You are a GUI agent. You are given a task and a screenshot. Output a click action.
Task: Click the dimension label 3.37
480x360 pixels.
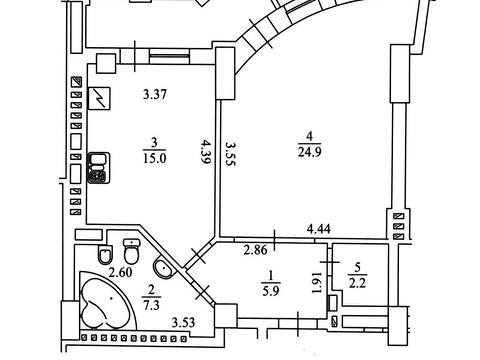[155, 95]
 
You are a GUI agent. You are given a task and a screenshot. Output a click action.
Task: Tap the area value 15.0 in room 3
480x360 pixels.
[154, 158]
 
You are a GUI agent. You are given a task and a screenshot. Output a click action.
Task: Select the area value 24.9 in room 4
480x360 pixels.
[310, 152]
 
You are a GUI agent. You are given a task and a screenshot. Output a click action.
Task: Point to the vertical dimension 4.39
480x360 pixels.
[207, 152]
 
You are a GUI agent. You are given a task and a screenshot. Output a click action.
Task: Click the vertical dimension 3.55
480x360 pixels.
[231, 154]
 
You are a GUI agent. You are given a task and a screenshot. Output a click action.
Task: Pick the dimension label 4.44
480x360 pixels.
[319, 229]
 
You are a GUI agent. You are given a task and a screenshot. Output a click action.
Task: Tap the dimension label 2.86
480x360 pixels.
[255, 250]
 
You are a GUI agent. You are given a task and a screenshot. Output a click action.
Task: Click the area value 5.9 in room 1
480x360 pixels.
[271, 292]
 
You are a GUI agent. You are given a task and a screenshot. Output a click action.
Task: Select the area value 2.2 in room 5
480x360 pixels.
[357, 283]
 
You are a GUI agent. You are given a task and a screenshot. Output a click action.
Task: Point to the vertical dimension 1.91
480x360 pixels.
[317, 283]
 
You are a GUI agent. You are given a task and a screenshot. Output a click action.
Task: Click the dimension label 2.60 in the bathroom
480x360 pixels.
[121, 272]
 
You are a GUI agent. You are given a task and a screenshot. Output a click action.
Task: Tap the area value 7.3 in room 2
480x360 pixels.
[151, 305]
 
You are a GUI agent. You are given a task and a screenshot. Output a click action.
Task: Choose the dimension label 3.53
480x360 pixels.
[183, 322]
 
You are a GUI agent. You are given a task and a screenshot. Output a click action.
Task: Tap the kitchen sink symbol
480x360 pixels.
[99, 168]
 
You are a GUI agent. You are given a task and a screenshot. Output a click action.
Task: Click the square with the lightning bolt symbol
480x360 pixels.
[99, 98]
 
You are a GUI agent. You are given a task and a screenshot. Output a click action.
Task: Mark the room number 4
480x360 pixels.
[310, 136]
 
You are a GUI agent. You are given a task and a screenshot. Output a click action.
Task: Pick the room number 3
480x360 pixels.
[154, 143]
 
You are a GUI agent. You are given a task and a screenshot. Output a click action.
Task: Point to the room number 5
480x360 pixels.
[358, 267]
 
